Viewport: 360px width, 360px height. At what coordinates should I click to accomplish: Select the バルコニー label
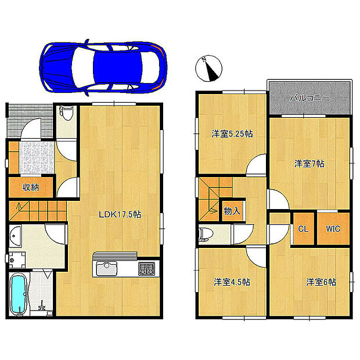click(309, 99)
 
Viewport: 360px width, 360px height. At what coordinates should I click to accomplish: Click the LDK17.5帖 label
click(120, 214)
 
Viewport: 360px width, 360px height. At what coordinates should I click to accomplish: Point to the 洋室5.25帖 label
click(231, 134)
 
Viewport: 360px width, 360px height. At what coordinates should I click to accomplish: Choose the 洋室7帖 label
click(308, 164)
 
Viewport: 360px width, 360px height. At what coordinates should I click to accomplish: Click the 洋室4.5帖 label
click(231, 282)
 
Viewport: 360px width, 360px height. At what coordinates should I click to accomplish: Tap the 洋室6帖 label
click(321, 282)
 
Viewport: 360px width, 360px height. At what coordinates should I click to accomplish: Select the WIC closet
click(333, 228)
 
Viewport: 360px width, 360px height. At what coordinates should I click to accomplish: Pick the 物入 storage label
click(232, 211)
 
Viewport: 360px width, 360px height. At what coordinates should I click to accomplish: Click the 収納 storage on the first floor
click(31, 188)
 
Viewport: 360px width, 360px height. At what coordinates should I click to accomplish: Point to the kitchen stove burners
click(146, 269)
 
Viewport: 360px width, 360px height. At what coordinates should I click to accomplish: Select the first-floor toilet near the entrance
click(66, 113)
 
